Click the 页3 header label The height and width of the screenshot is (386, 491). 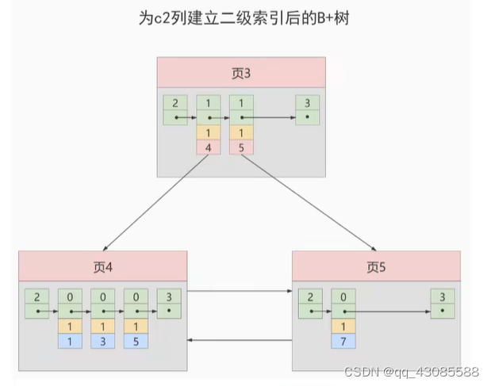click(x=241, y=73)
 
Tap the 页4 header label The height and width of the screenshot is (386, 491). click(x=103, y=267)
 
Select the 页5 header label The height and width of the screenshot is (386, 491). click(x=376, y=267)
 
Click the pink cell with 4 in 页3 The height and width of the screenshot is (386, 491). click(x=208, y=147)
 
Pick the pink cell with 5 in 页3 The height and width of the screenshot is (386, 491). click(x=241, y=147)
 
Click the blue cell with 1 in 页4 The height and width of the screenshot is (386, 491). click(x=70, y=341)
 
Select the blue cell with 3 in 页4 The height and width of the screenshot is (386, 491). click(x=102, y=341)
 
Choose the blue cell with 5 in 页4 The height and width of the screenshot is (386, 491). click(x=136, y=341)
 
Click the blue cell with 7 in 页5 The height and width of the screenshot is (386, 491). click(x=343, y=341)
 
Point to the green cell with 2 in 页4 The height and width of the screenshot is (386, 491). click(x=36, y=297)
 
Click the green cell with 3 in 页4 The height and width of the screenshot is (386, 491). click(x=168, y=297)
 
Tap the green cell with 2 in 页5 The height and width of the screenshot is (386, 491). click(x=310, y=297)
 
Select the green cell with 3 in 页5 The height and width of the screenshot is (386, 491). click(x=442, y=297)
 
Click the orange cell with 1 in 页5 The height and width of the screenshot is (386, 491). click(x=343, y=326)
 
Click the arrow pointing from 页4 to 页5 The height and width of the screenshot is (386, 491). click(x=240, y=291)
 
